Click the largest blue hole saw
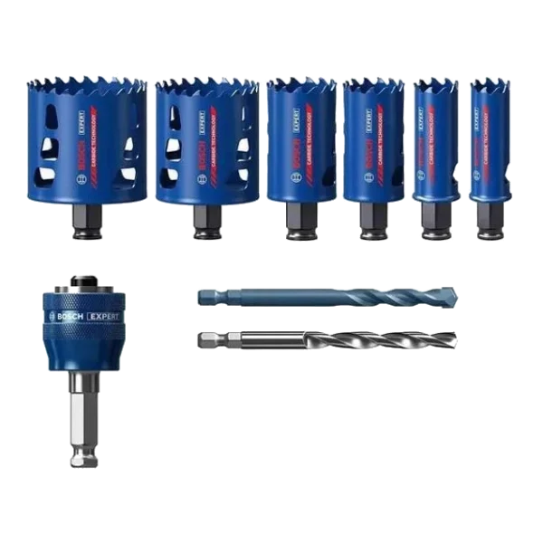click(x=86, y=140)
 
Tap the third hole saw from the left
click(x=300, y=140)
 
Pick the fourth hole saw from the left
click(x=373, y=140)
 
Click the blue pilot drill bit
click(x=326, y=297)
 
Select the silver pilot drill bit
click(x=326, y=340)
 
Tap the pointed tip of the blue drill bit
click(x=454, y=296)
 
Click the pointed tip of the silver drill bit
click(x=454, y=341)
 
